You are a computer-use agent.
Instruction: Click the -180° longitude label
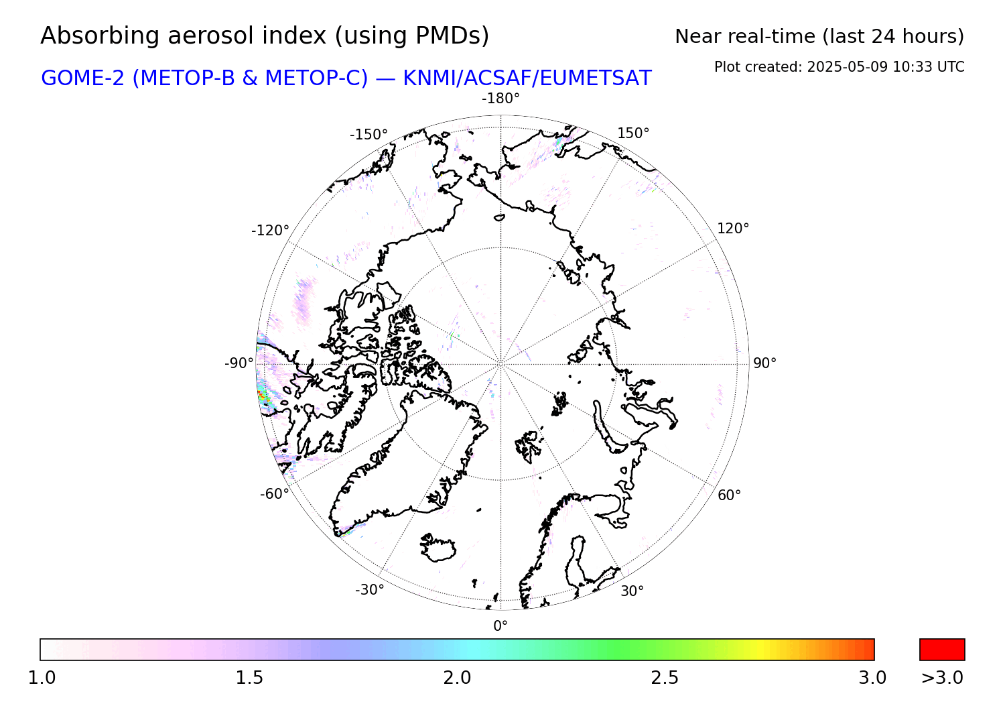click(500, 98)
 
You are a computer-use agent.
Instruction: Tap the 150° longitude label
click(633, 133)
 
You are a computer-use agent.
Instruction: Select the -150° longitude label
click(368, 134)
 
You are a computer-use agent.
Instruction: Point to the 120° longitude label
click(733, 228)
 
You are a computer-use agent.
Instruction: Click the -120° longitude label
click(270, 231)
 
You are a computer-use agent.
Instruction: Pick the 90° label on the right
click(764, 363)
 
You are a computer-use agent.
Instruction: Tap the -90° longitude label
click(239, 363)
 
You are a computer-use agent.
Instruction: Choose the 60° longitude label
click(729, 495)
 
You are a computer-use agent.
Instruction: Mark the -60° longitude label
click(275, 493)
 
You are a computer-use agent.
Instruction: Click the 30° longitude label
click(632, 591)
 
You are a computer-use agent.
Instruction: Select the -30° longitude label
click(370, 589)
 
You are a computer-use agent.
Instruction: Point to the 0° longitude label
click(500, 626)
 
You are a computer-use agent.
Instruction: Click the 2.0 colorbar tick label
click(457, 677)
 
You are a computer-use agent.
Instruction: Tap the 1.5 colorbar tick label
click(249, 677)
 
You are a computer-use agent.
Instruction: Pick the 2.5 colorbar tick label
click(665, 677)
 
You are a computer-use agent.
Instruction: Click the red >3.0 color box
click(942, 650)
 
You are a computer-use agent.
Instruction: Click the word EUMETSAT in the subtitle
click(596, 78)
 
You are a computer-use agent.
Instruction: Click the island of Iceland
click(438, 547)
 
